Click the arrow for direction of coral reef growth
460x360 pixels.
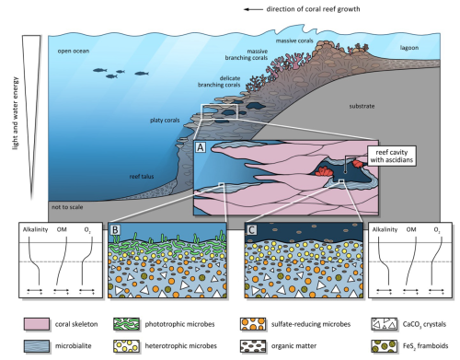click(x=253, y=9)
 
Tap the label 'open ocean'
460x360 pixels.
click(x=74, y=51)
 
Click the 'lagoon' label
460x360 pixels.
click(x=409, y=48)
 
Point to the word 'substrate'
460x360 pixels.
click(x=362, y=106)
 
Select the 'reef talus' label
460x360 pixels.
click(x=142, y=177)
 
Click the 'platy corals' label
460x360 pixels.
click(x=165, y=121)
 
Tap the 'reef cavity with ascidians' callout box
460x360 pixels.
click(x=392, y=156)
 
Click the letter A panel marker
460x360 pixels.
click(x=201, y=147)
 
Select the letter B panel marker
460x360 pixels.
click(x=115, y=230)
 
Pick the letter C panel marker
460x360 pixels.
click(x=251, y=230)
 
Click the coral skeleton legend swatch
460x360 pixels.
click(x=37, y=324)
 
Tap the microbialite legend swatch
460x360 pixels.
click(x=37, y=346)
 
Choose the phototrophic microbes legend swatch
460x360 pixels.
click(x=126, y=324)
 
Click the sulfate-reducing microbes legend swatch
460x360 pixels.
click(x=253, y=324)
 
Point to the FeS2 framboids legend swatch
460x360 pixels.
click(x=384, y=346)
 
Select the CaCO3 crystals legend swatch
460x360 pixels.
click(x=384, y=324)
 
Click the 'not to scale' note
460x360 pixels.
click(x=67, y=207)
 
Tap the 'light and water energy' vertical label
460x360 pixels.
click(x=16, y=113)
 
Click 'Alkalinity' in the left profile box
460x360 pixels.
click(x=35, y=229)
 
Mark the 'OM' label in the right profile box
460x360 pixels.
click(x=411, y=229)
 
